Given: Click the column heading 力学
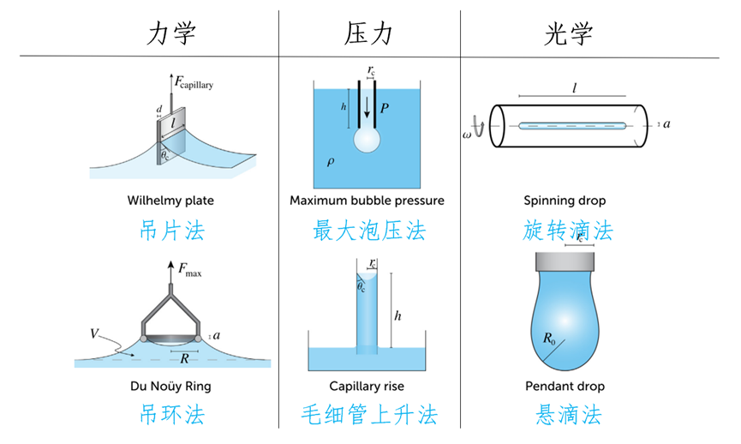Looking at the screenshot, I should [172, 33].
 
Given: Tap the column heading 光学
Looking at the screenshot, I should [569, 33].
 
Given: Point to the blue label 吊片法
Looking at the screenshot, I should [172, 231].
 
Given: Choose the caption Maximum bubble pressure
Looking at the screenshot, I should [368, 201].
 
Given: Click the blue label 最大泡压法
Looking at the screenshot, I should [369, 231].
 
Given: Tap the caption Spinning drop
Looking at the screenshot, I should [565, 201].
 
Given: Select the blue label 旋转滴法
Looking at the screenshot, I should [568, 231].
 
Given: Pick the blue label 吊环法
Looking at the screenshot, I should [172, 416].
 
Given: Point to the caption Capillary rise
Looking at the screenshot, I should [367, 387].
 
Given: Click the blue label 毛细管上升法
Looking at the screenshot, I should [370, 416].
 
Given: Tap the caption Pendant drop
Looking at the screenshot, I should [565, 387].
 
